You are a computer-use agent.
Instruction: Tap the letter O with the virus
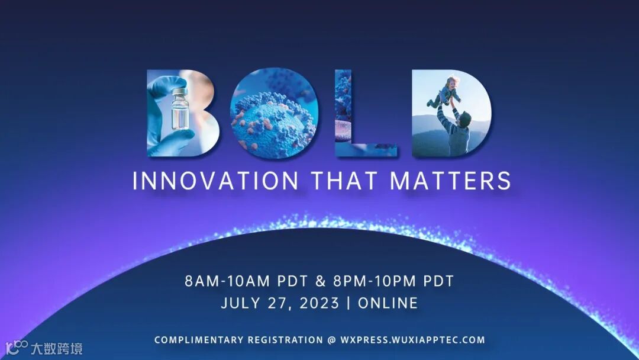coord(274,113)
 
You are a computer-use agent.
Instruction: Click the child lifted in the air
coord(446,92)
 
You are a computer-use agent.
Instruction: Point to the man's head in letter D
coord(464,118)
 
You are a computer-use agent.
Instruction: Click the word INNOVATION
coord(215,181)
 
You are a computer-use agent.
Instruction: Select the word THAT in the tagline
coord(343,181)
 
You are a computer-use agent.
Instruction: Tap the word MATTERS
coord(450,181)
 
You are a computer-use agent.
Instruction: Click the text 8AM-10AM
coord(227,281)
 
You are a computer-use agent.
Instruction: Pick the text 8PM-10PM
coord(375,281)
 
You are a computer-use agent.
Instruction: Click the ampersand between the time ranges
coord(321,281)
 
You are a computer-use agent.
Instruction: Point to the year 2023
coord(319,303)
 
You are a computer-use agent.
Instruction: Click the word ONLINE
coord(388,303)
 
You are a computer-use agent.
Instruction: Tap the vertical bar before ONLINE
coord(348,303)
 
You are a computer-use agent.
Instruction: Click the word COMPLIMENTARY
coord(198,340)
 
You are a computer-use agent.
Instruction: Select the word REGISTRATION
coord(285,340)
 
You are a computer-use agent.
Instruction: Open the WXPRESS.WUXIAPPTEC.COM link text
coord(413,340)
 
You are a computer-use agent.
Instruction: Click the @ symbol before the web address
coord(332,340)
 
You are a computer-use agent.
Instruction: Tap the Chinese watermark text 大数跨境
coord(57,349)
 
